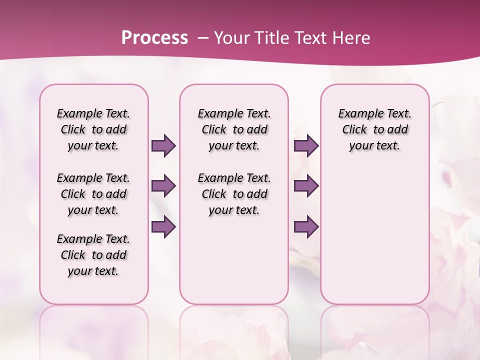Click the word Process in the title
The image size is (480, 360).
point(154,37)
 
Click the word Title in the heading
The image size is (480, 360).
point(269,37)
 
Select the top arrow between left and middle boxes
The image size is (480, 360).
point(163,146)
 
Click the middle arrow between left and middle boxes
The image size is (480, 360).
point(163,186)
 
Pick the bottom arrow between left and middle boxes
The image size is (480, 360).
point(163,227)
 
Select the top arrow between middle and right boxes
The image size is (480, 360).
point(306,146)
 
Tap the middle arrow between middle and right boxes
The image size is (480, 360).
point(306,186)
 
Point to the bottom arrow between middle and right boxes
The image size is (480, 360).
point(306,227)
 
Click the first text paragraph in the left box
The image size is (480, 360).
point(93,129)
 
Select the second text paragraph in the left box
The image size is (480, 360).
point(93,194)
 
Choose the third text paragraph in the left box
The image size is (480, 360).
point(93,255)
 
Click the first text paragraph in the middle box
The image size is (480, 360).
point(234,129)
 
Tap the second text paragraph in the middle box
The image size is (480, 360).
point(234,194)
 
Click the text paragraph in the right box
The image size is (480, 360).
point(374,129)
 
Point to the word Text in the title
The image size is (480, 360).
point(308,37)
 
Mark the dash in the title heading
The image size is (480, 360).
point(203,38)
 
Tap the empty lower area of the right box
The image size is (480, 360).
point(374,240)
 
